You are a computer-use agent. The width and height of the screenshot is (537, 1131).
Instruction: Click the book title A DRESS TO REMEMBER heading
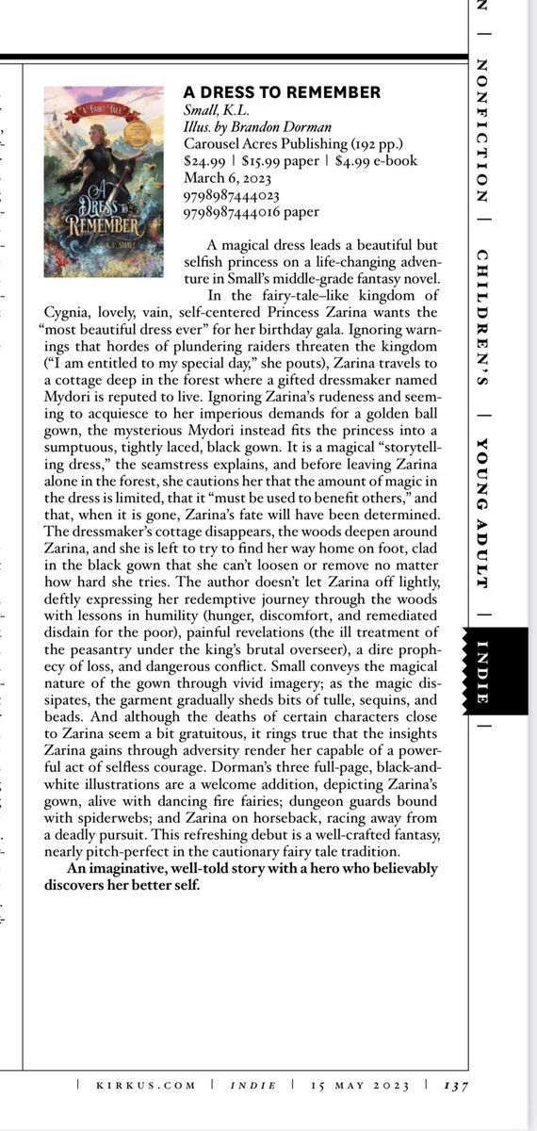(x=282, y=92)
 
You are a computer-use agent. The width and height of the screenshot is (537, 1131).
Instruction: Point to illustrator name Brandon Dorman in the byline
(x=252, y=127)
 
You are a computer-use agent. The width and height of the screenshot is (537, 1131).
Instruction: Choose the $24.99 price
(x=205, y=161)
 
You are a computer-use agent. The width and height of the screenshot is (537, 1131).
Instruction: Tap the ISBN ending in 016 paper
(x=252, y=212)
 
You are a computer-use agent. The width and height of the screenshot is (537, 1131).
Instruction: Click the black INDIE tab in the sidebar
(x=481, y=673)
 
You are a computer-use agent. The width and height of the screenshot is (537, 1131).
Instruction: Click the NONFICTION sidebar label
(x=481, y=132)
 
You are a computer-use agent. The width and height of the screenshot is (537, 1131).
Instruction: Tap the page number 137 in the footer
(x=456, y=1085)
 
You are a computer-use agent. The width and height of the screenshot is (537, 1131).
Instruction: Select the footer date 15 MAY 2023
(x=365, y=1085)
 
